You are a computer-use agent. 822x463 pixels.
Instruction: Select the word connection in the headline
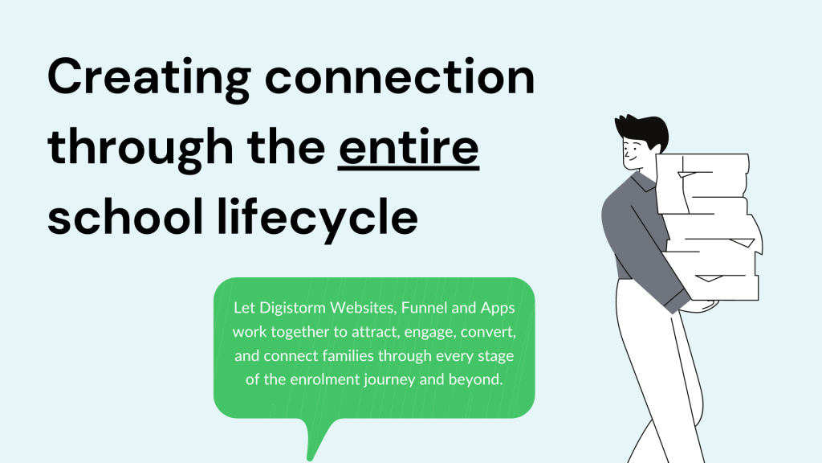click(x=400, y=76)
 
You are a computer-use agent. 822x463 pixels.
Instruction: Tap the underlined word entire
click(x=409, y=146)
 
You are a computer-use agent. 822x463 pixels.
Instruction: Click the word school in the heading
click(x=125, y=215)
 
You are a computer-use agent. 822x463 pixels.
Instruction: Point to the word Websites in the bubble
click(x=363, y=308)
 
